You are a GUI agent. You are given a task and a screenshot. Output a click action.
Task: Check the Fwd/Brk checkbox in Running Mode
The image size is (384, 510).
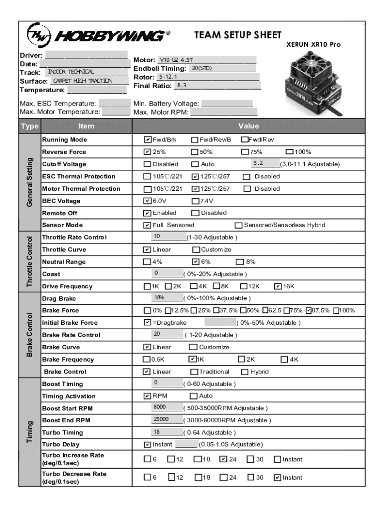tap(148, 140)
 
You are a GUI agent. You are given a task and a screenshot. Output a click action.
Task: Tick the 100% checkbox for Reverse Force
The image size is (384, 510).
tap(289, 152)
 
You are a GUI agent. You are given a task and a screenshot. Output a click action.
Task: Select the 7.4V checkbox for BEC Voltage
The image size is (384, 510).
tap(195, 201)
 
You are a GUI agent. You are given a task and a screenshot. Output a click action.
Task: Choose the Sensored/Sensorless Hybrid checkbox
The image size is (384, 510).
tap(238, 225)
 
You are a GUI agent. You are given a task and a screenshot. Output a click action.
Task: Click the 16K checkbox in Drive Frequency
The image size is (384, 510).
tap(278, 286)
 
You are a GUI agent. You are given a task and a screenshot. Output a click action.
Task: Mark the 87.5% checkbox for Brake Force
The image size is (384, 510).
tap(308, 311)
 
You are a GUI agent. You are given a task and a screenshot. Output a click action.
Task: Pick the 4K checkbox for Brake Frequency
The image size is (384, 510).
tap(284, 359)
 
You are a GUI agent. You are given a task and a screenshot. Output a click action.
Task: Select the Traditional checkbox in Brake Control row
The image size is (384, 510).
tap(194, 372)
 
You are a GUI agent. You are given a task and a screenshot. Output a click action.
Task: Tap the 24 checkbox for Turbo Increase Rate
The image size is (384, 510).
tap(223, 459)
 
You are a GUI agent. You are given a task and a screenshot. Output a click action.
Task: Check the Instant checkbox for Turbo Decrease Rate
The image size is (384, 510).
tap(278, 478)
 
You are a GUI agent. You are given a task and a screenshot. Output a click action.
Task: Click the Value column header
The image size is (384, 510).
tap(248, 127)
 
